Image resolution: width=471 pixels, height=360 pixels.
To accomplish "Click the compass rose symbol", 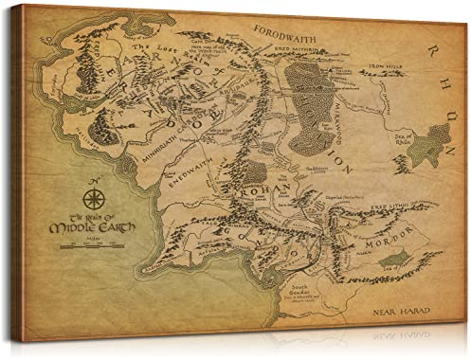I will (x=95, y=200).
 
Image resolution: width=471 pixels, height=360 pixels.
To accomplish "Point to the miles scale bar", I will (x=93, y=245).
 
